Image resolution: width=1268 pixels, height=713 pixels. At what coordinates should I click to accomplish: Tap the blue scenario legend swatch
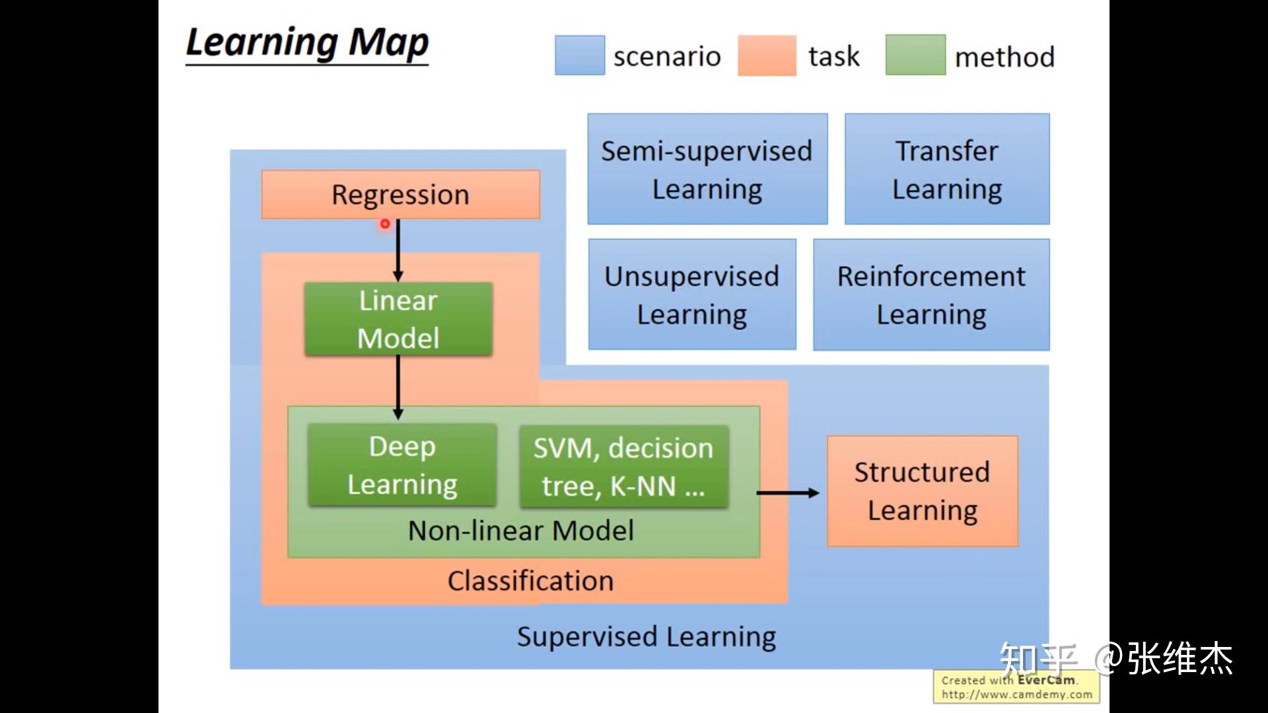[580, 55]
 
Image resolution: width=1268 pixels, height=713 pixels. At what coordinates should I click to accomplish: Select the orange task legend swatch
[767, 55]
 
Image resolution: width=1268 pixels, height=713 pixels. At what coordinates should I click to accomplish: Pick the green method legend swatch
[915, 55]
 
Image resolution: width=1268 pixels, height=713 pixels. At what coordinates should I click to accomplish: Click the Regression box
[401, 195]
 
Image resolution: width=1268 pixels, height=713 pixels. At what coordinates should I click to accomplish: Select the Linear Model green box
[398, 320]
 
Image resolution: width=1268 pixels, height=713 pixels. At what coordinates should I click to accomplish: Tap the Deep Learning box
[402, 465]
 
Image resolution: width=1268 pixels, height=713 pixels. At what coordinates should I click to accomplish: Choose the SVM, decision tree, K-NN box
[624, 467]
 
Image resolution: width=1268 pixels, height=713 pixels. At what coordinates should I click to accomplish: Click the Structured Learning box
[923, 491]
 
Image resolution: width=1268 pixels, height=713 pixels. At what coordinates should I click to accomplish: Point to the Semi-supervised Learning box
[707, 169]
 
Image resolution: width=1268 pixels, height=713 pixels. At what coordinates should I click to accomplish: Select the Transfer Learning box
[947, 169]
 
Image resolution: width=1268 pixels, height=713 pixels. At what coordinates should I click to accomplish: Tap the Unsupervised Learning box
[692, 294]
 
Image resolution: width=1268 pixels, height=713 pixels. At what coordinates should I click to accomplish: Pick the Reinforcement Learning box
[931, 294]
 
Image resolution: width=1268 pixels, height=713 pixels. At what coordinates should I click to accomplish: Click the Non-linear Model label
[521, 531]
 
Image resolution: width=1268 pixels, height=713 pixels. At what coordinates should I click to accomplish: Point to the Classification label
[531, 581]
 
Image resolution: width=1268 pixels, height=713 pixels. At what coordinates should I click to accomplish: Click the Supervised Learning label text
[647, 637]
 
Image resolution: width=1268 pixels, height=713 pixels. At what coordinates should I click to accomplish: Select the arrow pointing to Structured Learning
[788, 492]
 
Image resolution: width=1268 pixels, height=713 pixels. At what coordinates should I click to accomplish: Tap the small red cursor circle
[385, 224]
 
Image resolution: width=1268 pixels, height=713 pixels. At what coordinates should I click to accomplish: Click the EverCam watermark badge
[1016, 687]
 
